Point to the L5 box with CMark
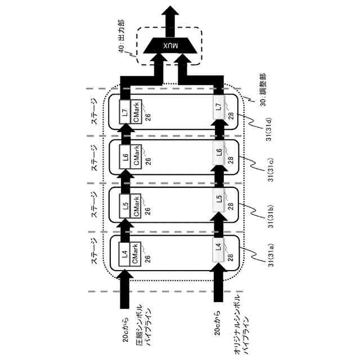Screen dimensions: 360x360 (125, 208)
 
